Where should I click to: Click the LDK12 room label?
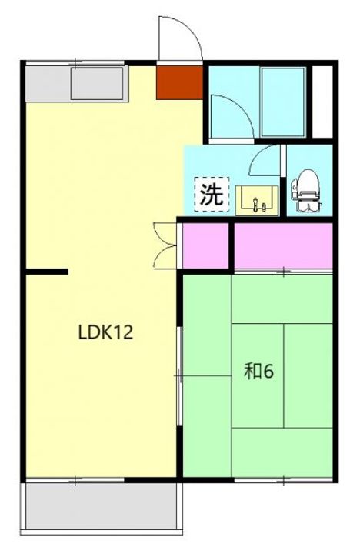click(106, 332)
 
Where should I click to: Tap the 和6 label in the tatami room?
click(258, 372)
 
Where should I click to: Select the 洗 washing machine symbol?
click(210, 194)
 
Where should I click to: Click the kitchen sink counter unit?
click(98, 82)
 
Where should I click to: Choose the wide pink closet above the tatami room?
click(282, 246)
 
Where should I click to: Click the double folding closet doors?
click(165, 245)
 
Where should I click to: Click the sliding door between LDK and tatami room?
click(180, 375)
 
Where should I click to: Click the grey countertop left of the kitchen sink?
click(46, 82)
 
